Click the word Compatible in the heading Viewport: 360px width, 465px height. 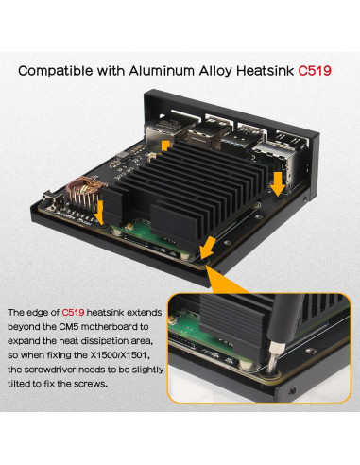61,70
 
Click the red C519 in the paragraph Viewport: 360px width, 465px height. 76,312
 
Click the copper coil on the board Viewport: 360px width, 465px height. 82,194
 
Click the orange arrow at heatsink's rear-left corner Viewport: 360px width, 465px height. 168,141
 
